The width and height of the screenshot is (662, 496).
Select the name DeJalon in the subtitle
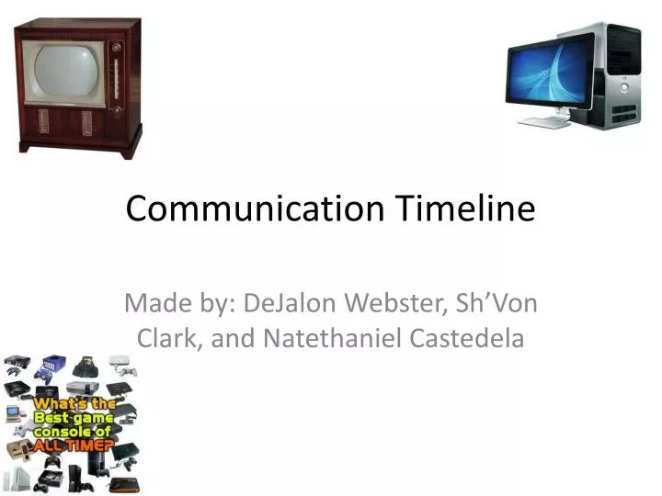(x=292, y=302)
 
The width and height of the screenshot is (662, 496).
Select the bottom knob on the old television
(x=116, y=110)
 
